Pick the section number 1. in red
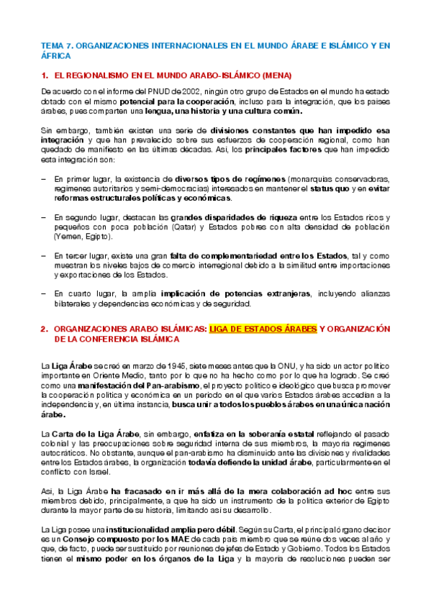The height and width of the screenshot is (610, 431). click(45, 75)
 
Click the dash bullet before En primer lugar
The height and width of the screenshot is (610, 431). click(45, 178)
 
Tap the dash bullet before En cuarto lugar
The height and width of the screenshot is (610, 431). click(45, 293)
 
